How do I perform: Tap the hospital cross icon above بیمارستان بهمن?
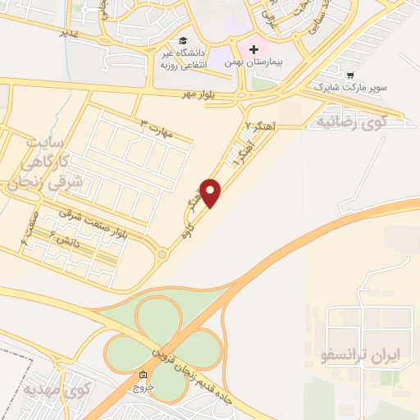click(x=254, y=49)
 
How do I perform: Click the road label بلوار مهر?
click(x=200, y=94)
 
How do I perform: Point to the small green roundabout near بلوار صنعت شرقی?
click(x=162, y=254)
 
